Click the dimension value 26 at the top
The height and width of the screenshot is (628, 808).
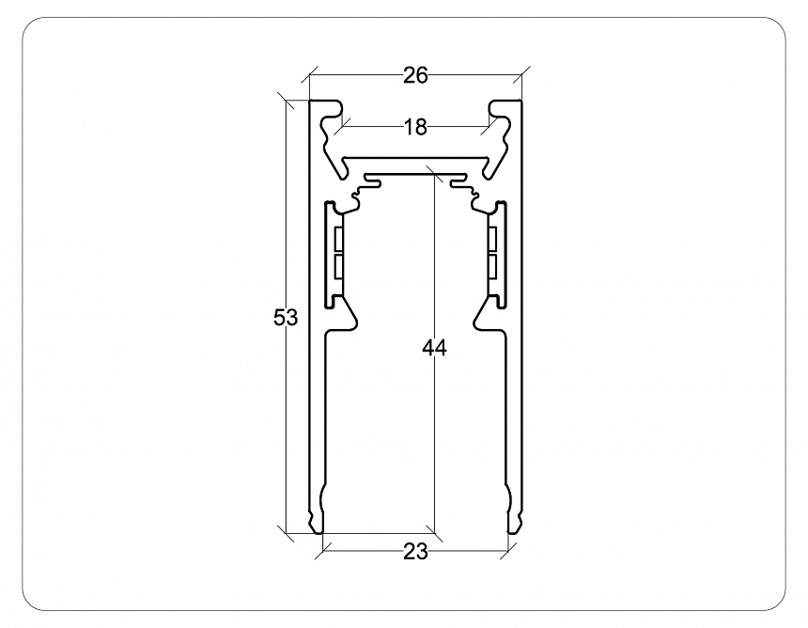pos(415,76)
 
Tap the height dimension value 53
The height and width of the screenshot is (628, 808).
pos(286,318)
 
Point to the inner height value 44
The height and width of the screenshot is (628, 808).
pos(433,349)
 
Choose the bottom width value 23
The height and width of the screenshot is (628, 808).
pos(415,552)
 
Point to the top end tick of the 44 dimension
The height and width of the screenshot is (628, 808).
pos(433,173)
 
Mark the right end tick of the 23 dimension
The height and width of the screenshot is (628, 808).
pos(509,550)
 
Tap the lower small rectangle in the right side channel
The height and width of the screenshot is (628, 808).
pos(494,268)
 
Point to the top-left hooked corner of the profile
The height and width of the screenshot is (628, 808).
pos(324,108)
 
